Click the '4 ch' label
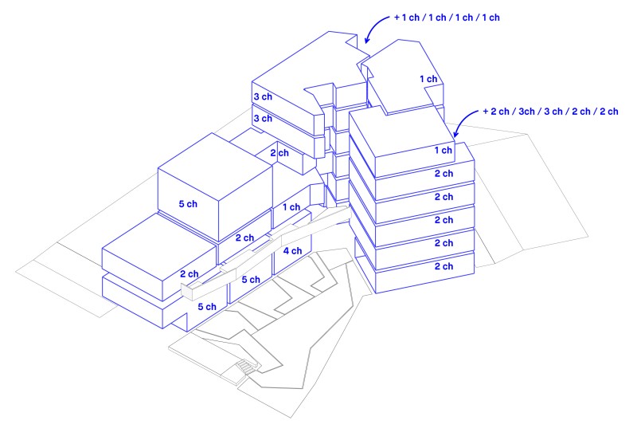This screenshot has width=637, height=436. [292, 251]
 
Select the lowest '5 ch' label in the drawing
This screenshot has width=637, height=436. [206, 306]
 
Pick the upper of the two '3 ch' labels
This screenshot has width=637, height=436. [262, 96]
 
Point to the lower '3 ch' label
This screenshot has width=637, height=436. [262, 118]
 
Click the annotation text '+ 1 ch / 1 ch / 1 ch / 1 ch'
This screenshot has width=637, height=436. [446, 17]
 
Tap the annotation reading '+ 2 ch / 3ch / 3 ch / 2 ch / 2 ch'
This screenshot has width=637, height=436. [550, 112]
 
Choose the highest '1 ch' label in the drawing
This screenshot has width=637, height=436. [428, 79]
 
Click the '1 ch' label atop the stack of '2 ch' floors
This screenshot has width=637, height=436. [444, 150]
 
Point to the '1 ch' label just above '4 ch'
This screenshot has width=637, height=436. [291, 207]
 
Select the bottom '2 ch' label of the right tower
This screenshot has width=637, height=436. [444, 266]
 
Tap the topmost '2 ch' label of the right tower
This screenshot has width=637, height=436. [444, 173]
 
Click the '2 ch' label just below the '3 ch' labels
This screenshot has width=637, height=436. [279, 153]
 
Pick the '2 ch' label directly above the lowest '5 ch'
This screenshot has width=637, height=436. [189, 274]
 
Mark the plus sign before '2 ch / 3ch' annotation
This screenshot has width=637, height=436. [486, 112]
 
